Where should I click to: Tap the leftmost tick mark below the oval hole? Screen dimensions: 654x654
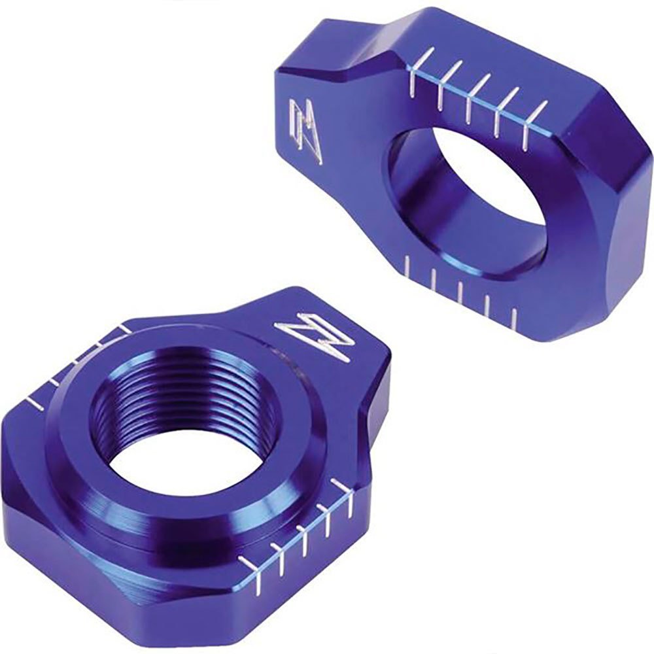(408, 267)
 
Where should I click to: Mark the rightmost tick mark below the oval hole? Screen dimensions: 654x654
(513, 317)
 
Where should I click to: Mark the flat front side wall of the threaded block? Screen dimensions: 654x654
(131, 562)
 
